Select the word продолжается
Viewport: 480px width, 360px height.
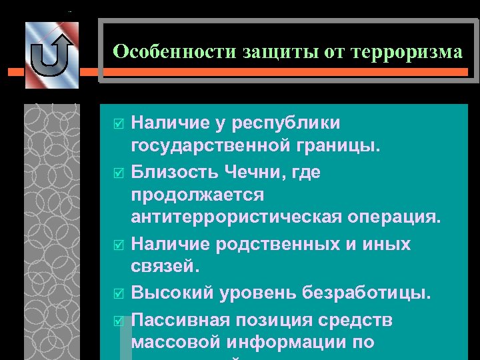click(x=198, y=196)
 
